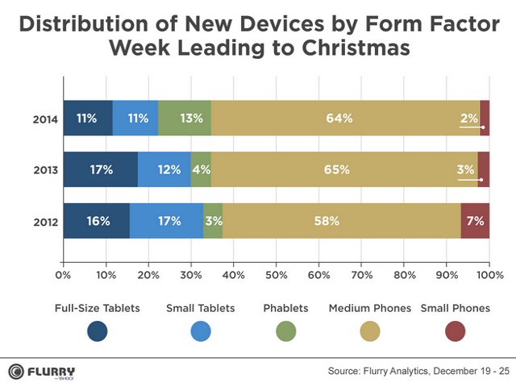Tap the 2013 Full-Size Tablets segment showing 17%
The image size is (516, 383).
100,169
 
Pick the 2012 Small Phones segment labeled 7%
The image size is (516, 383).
475,220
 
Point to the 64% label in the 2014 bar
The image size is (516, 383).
339,119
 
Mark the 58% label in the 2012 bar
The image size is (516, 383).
332,220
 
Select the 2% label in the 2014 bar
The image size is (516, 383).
468,119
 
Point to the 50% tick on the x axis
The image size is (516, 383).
276,275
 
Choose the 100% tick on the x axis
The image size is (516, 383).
489,275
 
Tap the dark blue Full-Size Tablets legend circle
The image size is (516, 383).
98,331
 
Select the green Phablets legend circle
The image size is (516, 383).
285,331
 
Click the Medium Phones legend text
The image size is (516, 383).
370,307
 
